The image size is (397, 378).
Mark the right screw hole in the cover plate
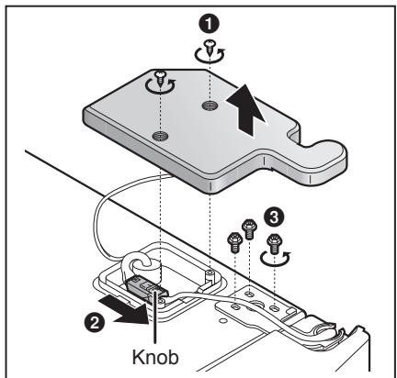[x=210, y=107]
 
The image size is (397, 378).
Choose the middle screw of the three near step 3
[x=246, y=227]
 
